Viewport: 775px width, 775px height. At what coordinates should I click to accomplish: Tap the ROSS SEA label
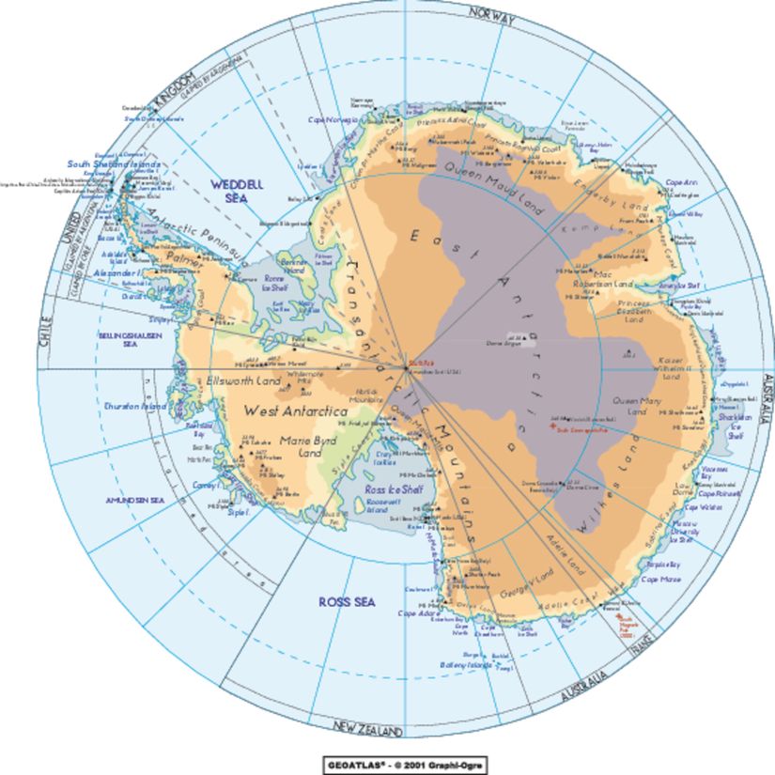coord(347,601)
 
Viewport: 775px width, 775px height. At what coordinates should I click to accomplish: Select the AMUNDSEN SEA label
coord(135,501)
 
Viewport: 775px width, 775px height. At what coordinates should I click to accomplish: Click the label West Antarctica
coord(295,411)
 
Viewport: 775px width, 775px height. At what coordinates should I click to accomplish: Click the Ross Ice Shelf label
coord(394,490)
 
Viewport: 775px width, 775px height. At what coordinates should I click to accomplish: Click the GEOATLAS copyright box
coord(406,764)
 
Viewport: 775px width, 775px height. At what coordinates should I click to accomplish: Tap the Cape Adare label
coord(419,613)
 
